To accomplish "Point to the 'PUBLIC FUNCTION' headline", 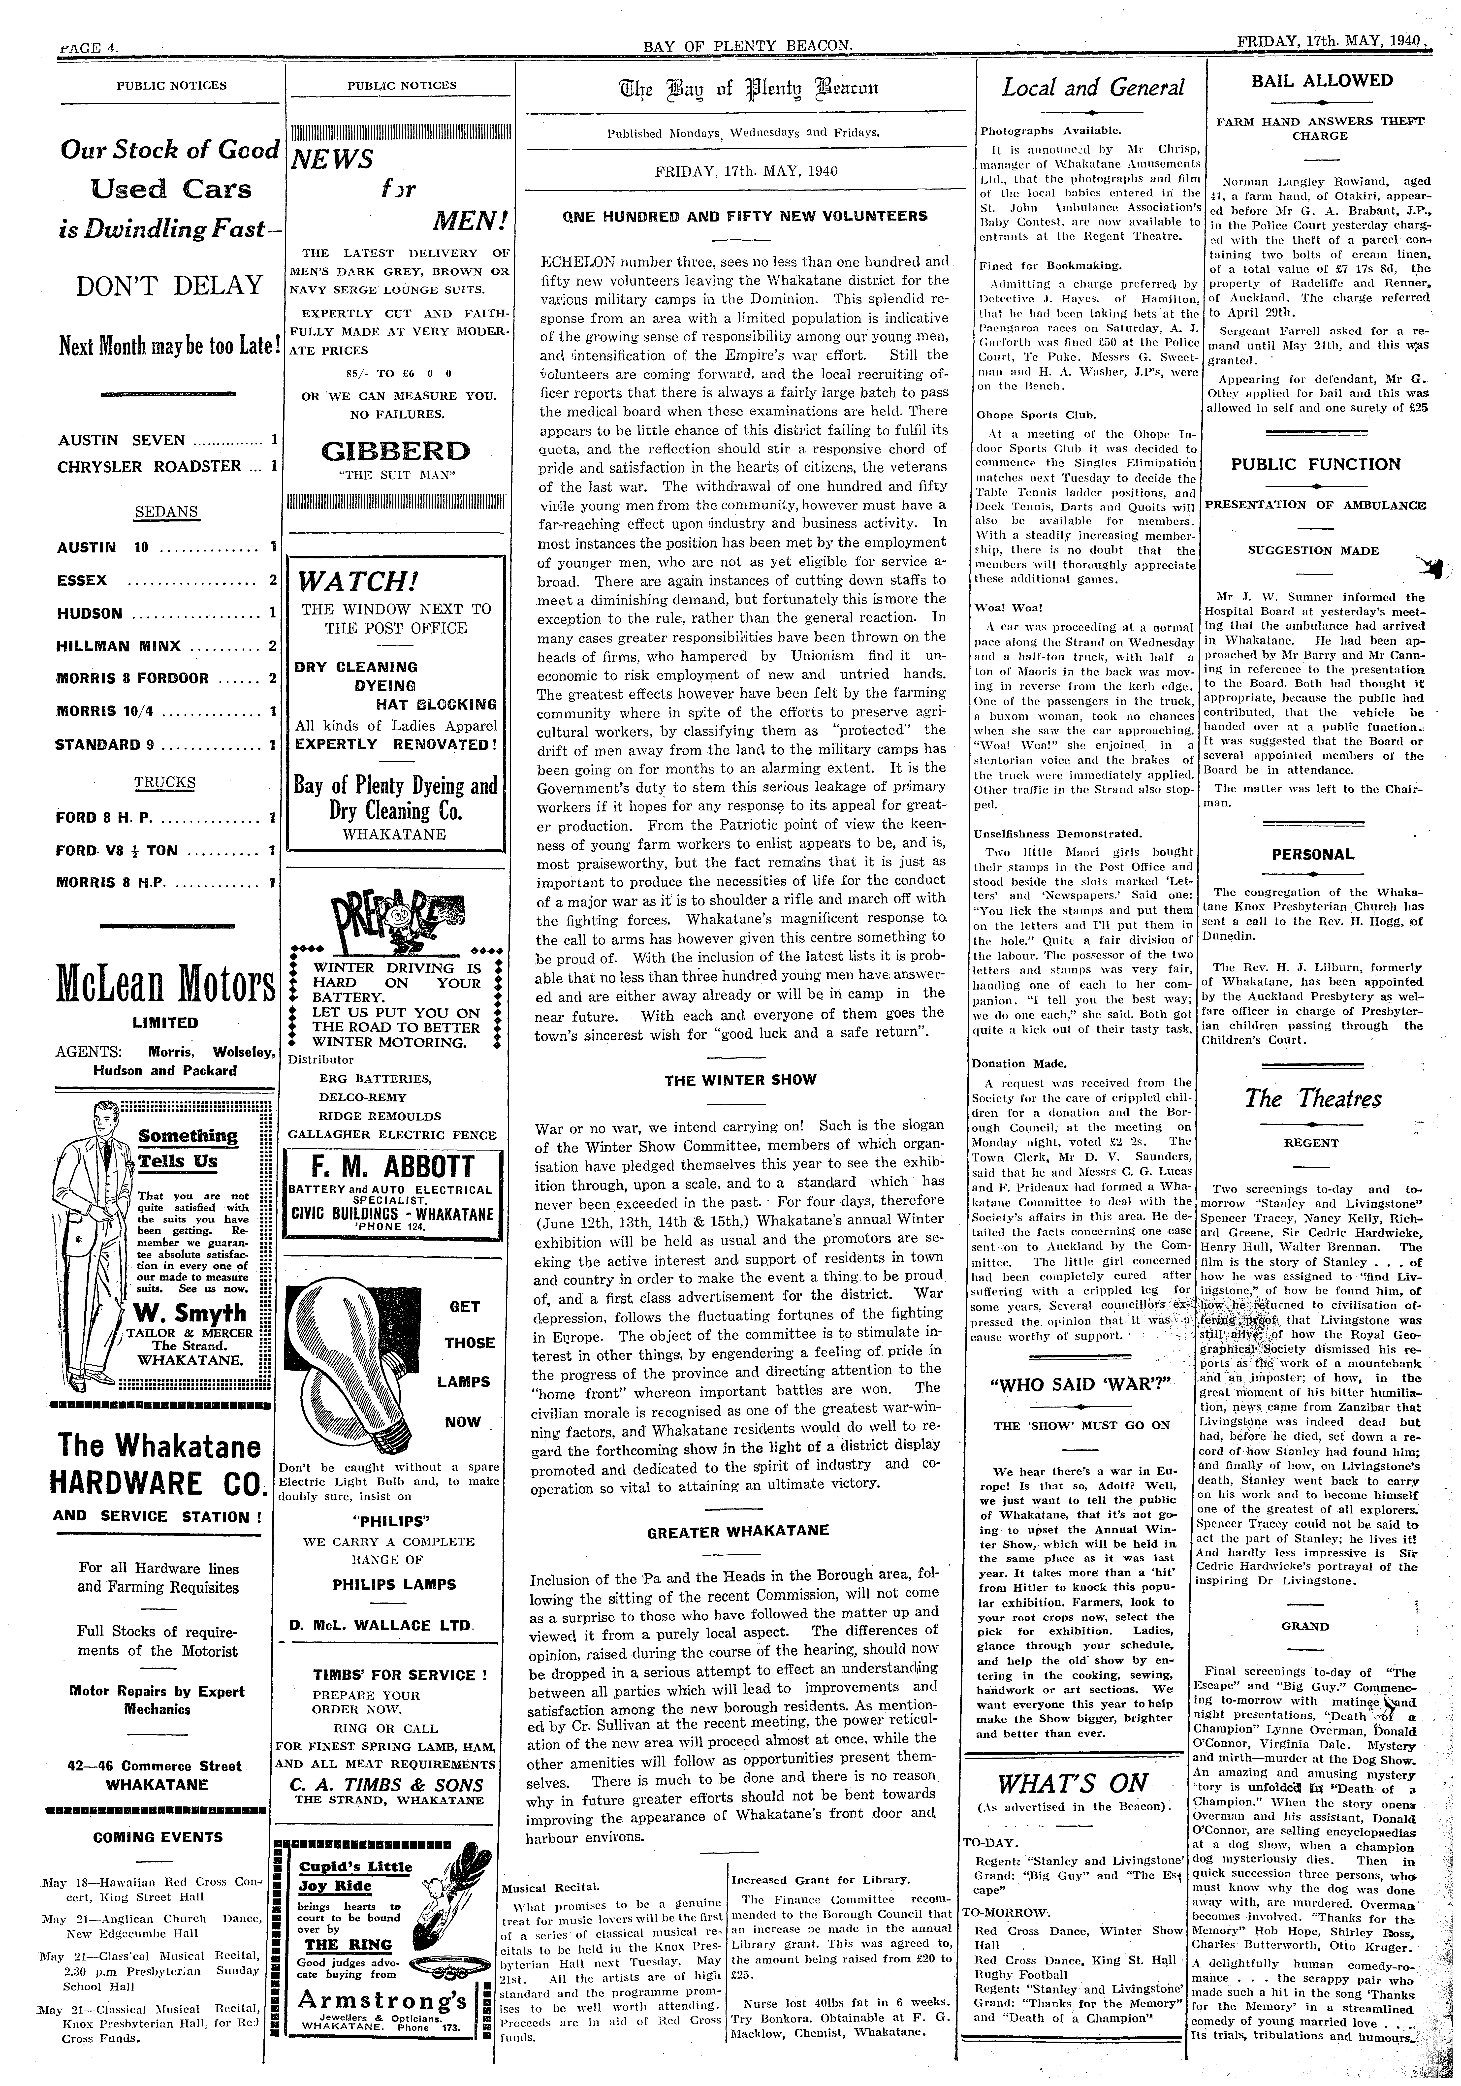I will point(1316,464).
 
